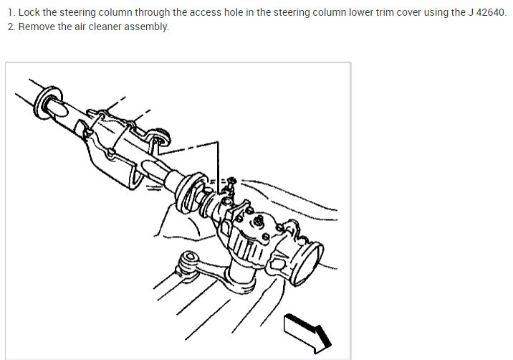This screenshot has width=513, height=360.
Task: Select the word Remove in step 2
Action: click(37, 27)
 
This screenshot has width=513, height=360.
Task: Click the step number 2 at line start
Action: click(11, 27)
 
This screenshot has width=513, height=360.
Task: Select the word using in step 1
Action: click(434, 13)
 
